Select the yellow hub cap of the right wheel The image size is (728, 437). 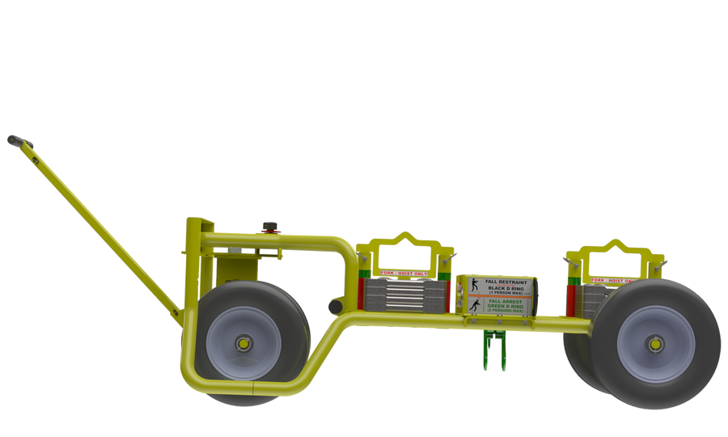coord(654,343)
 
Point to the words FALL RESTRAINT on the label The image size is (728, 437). coord(506,282)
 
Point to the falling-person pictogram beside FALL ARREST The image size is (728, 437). coord(474,305)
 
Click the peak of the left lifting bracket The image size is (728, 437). coord(403,235)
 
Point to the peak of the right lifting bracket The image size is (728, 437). coord(616,241)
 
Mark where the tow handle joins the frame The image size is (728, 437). coord(179,314)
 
